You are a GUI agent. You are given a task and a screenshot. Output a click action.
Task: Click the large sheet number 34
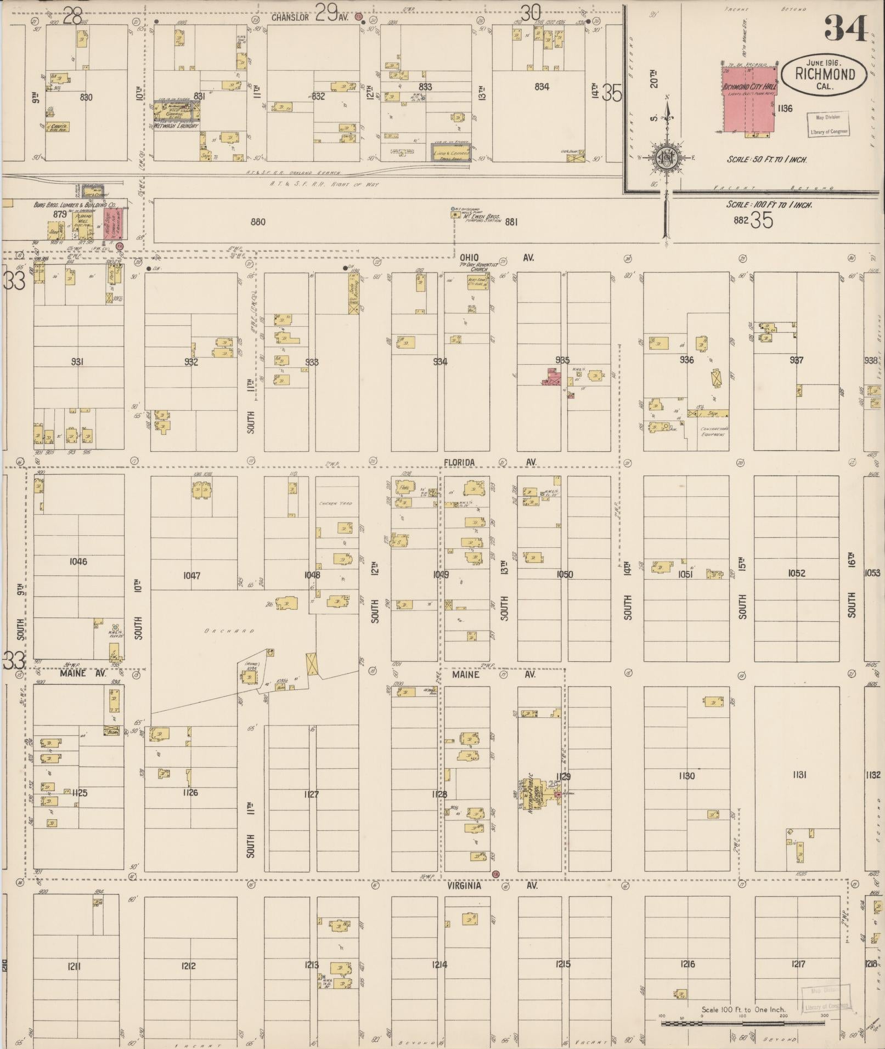[x=845, y=29]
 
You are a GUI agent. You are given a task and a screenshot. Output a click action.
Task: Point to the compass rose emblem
[x=667, y=158]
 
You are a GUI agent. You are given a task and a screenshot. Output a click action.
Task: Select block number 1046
[x=78, y=562]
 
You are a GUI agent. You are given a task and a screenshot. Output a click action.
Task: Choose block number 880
[x=257, y=222]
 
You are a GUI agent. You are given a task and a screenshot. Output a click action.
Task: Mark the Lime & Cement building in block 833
[x=451, y=152]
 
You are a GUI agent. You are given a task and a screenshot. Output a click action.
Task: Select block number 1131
[x=796, y=775]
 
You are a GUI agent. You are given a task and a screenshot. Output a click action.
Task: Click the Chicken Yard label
[x=336, y=503]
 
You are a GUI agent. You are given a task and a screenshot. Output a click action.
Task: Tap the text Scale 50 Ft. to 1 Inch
[x=766, y=160]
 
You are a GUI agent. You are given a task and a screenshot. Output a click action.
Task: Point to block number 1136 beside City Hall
[x=785, y=109]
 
